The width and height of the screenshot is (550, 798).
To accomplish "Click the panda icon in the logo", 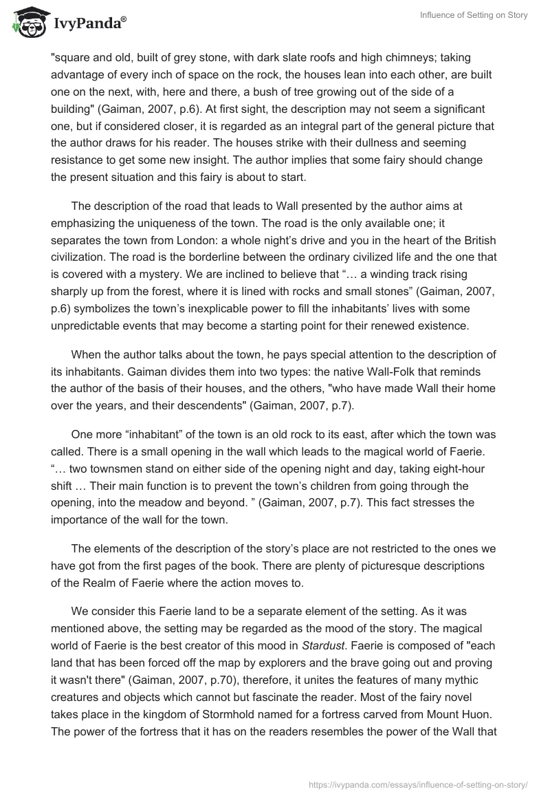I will click(27, 23).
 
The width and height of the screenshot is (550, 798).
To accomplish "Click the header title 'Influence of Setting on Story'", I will click(474, 15).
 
